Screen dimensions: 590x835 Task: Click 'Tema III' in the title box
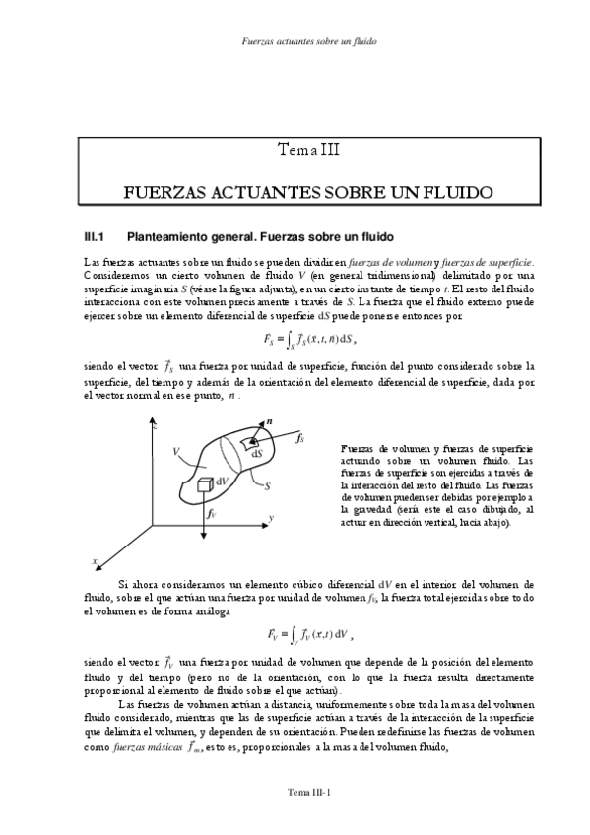pos(308,150)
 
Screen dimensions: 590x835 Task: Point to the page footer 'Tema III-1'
pos(308,791)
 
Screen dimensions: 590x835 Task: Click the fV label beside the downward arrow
pos(212,513)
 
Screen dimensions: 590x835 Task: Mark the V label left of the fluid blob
pos(173,451)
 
